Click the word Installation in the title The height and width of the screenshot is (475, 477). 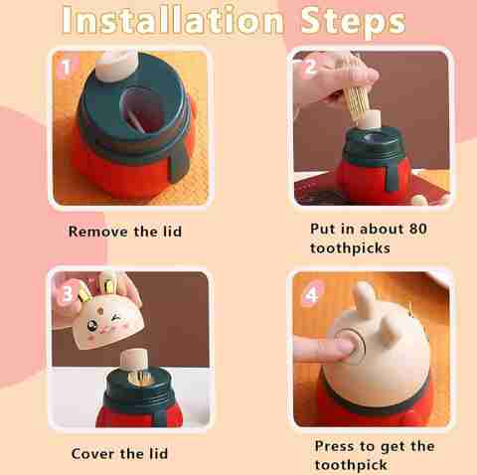pyautogui.click(x=173, y=20)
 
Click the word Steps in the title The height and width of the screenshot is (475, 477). pyautogui.click(x=353, y=21)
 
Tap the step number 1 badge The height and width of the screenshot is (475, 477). pyautogui.click(x=67, y=68)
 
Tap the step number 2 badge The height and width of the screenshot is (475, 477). pyautogui.click(x=310, y=68)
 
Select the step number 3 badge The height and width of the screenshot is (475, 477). pyautogui.click(x=67, y=293)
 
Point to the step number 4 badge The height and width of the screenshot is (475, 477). pyautogui.click(x=311, y=294)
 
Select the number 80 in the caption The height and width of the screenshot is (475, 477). pyautogui.click(x=417, y=229)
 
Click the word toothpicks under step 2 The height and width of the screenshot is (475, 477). pyautogui.click(x=350, y=248)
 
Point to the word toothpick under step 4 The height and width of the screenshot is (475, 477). pyautogui.click(x=351, y=465)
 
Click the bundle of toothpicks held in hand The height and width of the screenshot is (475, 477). pyautogui.click(x=357, y=99)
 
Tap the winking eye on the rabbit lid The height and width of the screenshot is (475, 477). pyautogui.click(x=115, y=319)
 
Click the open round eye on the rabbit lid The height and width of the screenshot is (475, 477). pyautogui.click(x=91, y=326)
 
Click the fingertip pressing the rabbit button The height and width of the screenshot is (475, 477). pyautogui.click(x=342, y=348)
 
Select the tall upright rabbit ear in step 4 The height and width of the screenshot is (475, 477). pyautogui.click(x=365, y=299)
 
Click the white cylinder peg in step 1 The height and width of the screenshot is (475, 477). pyautogui.click(x=116, y=65)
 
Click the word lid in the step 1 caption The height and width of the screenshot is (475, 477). pyautogui.click(x=173, y=231)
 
